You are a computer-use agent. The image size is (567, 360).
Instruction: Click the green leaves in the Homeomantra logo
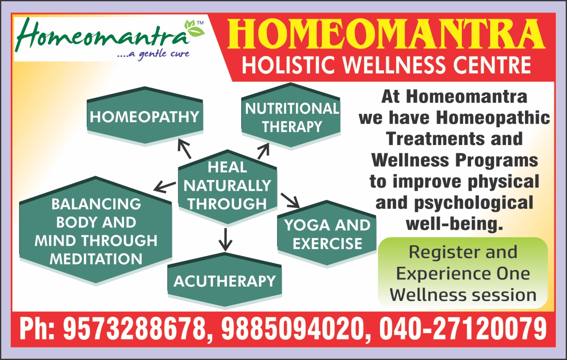coord(194,30)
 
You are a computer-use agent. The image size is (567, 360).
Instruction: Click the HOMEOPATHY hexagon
coord(145,116)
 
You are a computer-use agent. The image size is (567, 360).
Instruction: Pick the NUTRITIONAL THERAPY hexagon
coord(291,116)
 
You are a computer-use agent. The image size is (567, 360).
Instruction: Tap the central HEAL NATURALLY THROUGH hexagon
coord(227,187)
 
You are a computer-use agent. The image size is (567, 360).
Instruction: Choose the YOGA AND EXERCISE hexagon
coord(327,234)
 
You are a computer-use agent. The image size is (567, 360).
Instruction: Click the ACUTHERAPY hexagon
coord(225,281)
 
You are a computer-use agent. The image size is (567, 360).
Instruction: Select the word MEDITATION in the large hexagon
coord(96,259)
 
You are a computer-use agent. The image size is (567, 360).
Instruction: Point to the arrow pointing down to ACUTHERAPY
coord(225,240)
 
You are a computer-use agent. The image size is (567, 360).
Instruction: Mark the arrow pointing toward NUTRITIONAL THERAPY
coord(263,151)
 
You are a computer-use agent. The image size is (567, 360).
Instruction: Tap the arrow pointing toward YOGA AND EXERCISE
coord(290,201)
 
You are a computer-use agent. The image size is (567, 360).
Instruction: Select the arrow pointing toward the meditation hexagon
coord(165,187)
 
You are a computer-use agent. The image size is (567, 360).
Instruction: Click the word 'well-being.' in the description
coord(454,224)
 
